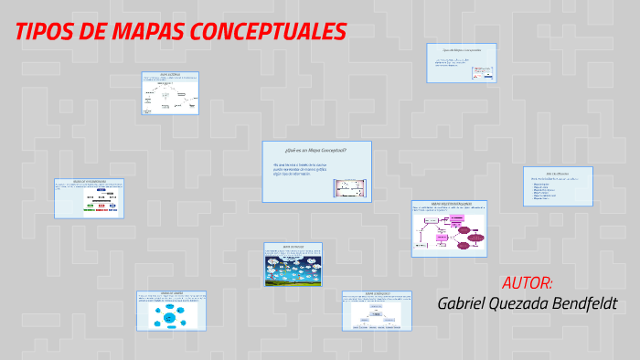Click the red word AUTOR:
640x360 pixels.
coord(527,281)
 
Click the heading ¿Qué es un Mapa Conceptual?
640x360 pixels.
coord(315,149)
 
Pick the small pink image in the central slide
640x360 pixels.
coord(349,188)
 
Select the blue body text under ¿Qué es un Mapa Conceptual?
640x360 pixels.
coord(300,169)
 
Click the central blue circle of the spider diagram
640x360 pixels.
coord(168,316)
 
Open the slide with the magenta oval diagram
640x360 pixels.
coord(448,228)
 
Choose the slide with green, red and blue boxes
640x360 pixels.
coord(89,198)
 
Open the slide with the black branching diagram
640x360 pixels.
coord(170,92)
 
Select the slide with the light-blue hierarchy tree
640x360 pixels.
coord(376,312)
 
